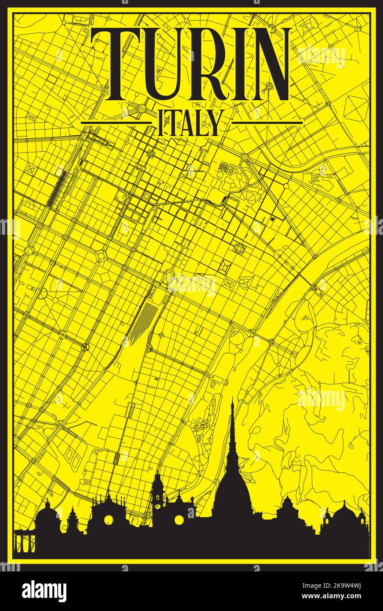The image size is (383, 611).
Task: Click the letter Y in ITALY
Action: (x=213, y=123)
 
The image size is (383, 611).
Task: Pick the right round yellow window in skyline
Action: (x=179, y=520)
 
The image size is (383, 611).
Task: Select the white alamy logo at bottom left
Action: (x=44, y=590)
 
